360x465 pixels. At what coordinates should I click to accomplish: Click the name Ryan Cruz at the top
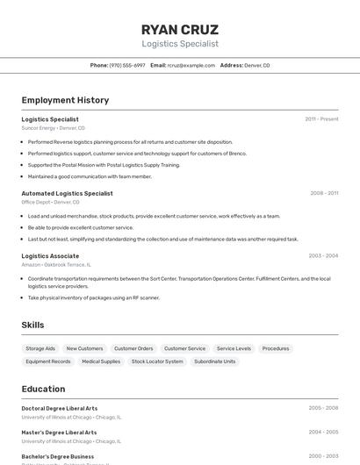click(180, 29)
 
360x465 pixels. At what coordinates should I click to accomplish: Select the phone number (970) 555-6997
click(127, 65)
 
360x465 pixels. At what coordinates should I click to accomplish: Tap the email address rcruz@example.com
click(191, 65)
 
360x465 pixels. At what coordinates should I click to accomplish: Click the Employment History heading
click(65, 100)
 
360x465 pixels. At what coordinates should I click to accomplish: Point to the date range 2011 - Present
click(321, 119)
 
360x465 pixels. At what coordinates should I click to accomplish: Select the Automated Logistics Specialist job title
click(67, 193)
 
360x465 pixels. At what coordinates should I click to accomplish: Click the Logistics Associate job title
click(50, 256)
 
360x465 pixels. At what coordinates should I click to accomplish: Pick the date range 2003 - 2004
click(323, 256)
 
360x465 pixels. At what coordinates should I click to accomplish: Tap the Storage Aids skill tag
click(40, 348)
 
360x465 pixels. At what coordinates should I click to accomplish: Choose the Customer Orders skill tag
click(133, 348)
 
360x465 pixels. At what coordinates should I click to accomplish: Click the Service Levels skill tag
click(234, 348)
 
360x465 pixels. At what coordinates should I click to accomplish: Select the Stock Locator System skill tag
click(157, 361)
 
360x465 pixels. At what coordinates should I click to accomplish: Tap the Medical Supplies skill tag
click(101, 361)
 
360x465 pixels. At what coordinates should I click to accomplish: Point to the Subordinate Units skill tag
click(214, 361)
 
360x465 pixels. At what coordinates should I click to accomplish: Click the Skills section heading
click(32, 325)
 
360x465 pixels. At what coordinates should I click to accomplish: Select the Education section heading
click(43, 389)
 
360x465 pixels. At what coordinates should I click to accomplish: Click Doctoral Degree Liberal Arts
click(60, 408)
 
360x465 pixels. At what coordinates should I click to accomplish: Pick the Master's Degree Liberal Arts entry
click(59, 433)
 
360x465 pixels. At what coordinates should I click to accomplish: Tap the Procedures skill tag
click(276, 348)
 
